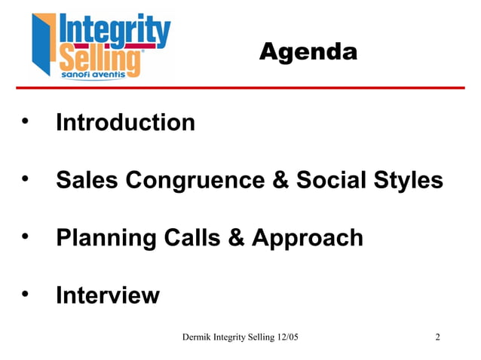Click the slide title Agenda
(x=308, y=52)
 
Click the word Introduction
(x=125, y=122)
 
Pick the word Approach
(x=307, y=238)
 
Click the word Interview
(x=107, y=295)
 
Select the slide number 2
(x=438, y=336)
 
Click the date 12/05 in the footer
(x=286, y=336)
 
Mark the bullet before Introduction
(x=26, y=121)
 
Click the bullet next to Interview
(x=26, y=294)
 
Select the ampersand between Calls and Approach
(x=236, y=238)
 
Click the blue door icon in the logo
(x=43, y=45)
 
